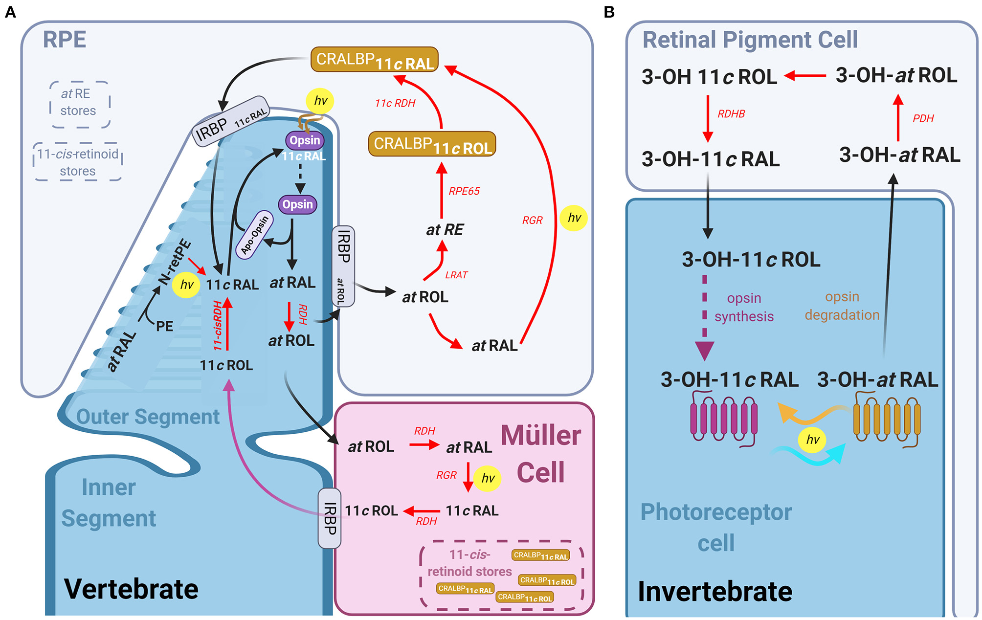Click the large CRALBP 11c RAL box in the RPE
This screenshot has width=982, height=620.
374,60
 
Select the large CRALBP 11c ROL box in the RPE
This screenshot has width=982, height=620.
432,144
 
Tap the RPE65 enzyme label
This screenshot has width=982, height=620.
464,191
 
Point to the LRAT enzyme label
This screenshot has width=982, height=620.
456,275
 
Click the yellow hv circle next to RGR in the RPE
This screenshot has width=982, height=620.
574,218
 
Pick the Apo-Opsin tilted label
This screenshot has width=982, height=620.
254,234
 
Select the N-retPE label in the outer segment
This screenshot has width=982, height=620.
175,262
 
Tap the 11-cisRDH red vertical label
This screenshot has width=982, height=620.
218,325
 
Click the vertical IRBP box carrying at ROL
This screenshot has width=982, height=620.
343,266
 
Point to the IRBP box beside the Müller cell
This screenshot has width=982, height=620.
330,518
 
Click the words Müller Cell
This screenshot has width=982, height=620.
541,454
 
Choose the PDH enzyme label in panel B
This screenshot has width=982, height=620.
923,118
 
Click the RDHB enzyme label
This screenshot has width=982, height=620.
731,114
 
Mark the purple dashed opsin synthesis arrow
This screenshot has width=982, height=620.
705,318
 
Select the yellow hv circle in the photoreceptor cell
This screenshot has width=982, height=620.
812,440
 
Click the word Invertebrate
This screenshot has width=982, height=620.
715,591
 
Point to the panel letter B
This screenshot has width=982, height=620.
609,12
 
